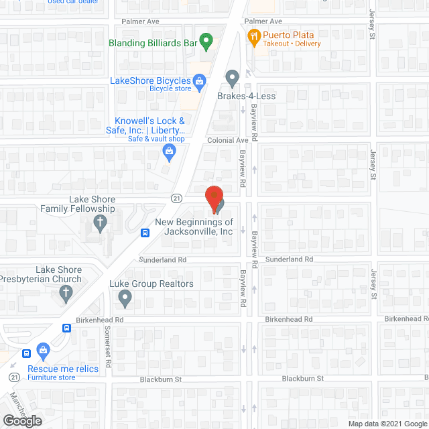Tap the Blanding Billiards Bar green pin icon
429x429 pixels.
pyautogui.click(x=206, y=42)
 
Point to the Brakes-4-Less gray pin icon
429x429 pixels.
pyautogui.click(x=232, y=78)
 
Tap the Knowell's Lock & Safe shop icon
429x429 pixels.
pyautogui.click(x=170, y=154)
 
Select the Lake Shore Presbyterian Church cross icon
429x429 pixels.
pyautogui.click(x=66, y=292)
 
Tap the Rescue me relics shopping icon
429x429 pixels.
pyautogui.click(x=44, y=350)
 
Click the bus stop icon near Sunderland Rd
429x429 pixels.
pyautogui.click(x=145, y=233)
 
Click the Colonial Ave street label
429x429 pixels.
pyautogui.click(x=227, y=141)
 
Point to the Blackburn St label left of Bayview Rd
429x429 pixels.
pyautogui.click(x=160, y=379)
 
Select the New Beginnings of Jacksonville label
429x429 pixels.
pyautogui.click(x=194, y=227)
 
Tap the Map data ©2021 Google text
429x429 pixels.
pyautogui.click(x=387, y=424)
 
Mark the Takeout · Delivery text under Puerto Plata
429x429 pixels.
pyautogui.click(x=292, y=44)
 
